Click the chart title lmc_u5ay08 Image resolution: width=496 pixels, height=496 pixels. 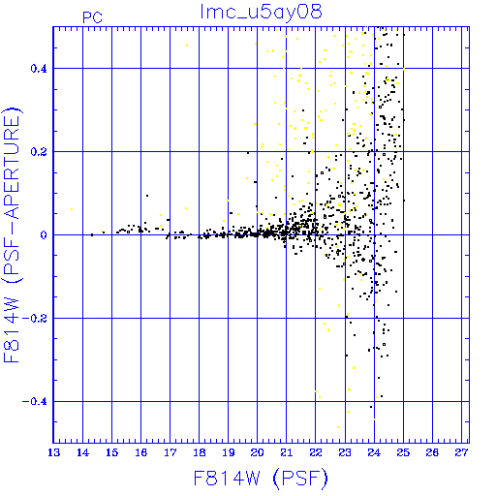pos(261,12)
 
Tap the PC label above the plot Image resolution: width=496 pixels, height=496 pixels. pos(92,17)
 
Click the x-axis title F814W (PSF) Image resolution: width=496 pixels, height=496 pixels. pos(261,479)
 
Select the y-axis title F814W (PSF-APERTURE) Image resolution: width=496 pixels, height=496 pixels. pos(13,235)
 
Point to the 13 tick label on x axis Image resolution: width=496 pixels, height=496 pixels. pos(53,452)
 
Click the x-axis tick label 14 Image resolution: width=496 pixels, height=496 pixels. pos(82,452)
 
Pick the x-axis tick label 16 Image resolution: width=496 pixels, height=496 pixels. pos(141,452)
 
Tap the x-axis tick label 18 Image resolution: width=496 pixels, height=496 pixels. pos(200,452)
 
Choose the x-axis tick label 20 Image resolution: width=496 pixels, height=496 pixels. pos(258,452)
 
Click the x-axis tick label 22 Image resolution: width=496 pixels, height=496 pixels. pos(316,452)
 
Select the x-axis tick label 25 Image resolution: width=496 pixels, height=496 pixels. pos(403,452)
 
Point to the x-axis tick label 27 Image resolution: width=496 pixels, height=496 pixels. pos(461,452)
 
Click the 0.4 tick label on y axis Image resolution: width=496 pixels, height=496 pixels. pos(39,69)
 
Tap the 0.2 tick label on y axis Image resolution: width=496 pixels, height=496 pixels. pos(39,152)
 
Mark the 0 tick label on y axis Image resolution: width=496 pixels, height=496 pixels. pos(44,235)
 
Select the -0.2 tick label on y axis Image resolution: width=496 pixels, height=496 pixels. pos(35,319)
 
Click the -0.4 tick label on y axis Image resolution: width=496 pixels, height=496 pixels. pos(35,402)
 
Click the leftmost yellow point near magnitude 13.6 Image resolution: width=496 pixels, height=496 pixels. pos(72,209)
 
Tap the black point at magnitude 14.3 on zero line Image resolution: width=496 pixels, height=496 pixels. pos(92,234)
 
